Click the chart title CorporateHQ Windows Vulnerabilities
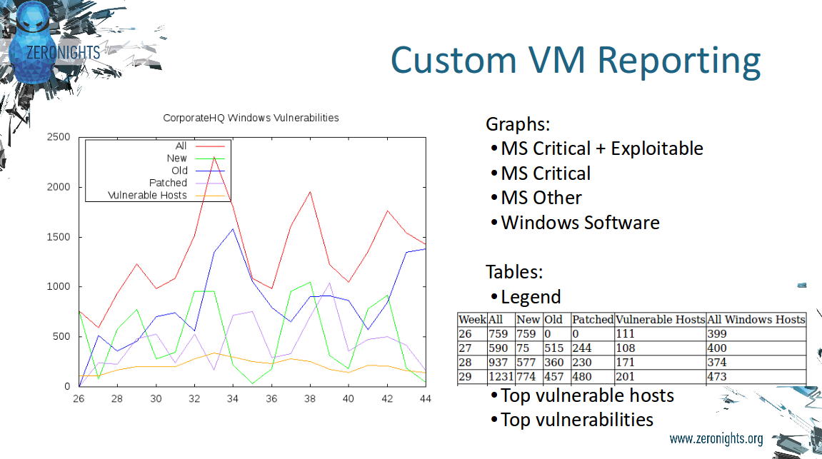coord(251,118)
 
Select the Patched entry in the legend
coord(168,183)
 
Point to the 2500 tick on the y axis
coord(58,137)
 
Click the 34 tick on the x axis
coord(233,399)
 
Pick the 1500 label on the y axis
coord(58,237)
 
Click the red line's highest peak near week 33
coord(214,156)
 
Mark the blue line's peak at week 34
coord(234,229)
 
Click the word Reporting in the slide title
coord(679,61)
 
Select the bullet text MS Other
coord(541,198)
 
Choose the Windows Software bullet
coord(580,223)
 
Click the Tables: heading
coord(514,272)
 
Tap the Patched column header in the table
coord(592,320)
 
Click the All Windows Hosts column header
coord(756,320)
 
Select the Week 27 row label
coord(464,348)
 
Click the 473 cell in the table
coord(716,377)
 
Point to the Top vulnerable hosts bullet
coord(587,395)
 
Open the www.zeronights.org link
coord(716,439)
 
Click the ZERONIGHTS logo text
coord(63,52)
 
